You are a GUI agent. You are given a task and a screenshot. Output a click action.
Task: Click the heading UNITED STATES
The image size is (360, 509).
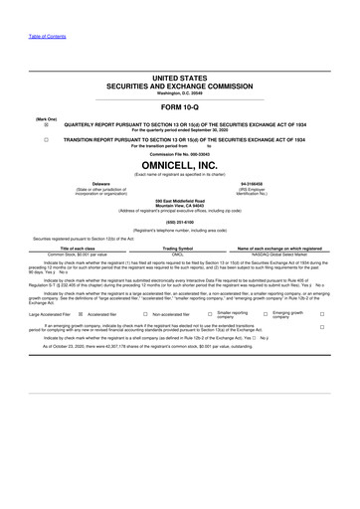[179, 77]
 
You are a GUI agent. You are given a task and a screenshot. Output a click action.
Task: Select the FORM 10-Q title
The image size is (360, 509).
[179, 105]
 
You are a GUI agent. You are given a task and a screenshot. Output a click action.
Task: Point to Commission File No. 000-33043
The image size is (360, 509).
[179, 155]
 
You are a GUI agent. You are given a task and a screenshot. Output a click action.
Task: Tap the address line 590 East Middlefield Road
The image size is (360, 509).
[179, 201]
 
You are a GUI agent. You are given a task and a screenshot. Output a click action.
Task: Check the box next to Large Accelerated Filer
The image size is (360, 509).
[80, 313]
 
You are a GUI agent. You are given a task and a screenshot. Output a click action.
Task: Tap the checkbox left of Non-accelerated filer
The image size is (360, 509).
[148, 313]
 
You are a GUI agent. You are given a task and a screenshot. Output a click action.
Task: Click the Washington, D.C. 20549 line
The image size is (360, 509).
[179, 93]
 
